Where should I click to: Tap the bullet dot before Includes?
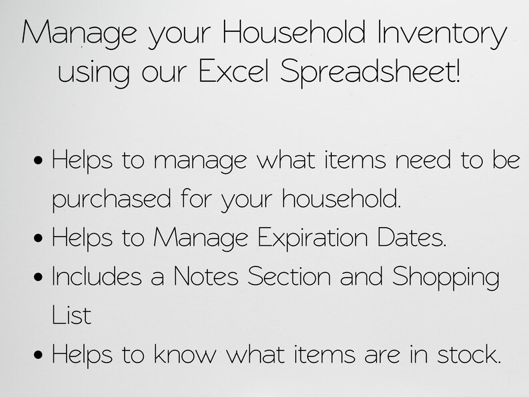coord(40,277)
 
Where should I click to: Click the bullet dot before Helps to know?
coord(40,354)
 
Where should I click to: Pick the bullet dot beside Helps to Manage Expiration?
coord(40,238)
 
